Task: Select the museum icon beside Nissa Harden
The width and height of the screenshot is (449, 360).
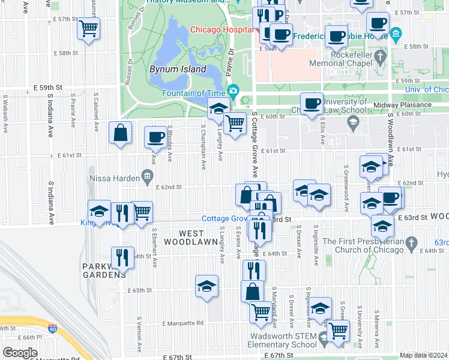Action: pyautogui.click(x=146, y=176)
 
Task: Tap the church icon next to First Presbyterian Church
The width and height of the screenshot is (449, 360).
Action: pyautogui.click(x=411, y=243)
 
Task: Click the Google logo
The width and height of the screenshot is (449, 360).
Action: pyautogui.click(x=20, y=352)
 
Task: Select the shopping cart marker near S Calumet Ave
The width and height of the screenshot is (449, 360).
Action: pyautogui.click(x=88, y=28)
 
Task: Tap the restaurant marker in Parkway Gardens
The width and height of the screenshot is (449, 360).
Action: pyautogui.click(x=122, y=257)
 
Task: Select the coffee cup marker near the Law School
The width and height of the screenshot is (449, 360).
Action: pyautogui.click(x=312, y=103)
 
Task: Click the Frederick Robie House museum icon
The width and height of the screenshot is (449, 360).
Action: pyautogui.click(x=395, y=35)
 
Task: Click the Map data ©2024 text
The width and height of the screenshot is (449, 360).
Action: pyautogui.click(x=423, y=355)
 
